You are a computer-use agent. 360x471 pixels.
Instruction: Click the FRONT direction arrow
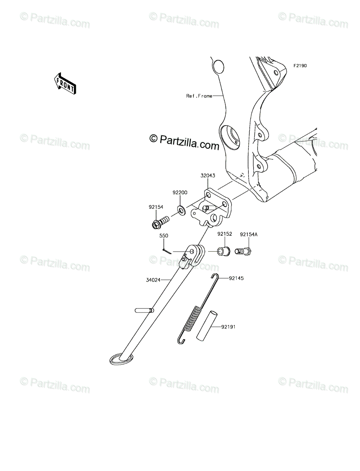pos(65,84)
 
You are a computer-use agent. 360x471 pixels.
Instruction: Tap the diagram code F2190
pos(299,66)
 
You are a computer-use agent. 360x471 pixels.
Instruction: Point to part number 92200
pos(180,193)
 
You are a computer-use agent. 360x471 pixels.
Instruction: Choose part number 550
pos(164,236)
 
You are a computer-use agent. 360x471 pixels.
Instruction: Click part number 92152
pos(225,234)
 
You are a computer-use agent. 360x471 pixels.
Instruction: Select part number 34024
pos(153,280)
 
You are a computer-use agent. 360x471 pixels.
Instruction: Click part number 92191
pos(228,326)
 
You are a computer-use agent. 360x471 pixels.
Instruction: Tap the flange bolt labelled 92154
pos(159,223)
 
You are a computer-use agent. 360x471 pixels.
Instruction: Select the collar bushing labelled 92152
pos(224,250)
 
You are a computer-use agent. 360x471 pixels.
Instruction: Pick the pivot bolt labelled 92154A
pos(243,251)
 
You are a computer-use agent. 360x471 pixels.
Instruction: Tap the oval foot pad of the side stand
pos(120,359)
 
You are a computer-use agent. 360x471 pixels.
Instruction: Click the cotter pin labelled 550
pos(166,250)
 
